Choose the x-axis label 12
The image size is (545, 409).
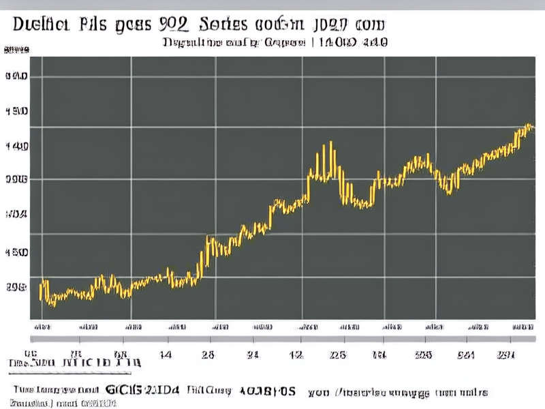click(x=296, y=354)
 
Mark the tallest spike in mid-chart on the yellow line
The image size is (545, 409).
click(x=331, y=143)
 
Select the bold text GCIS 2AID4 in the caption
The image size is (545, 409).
click(x=144, y=391)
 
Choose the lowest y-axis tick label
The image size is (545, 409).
click(x=16, y=287)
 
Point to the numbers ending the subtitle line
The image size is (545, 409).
click(x=360, y=42)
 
